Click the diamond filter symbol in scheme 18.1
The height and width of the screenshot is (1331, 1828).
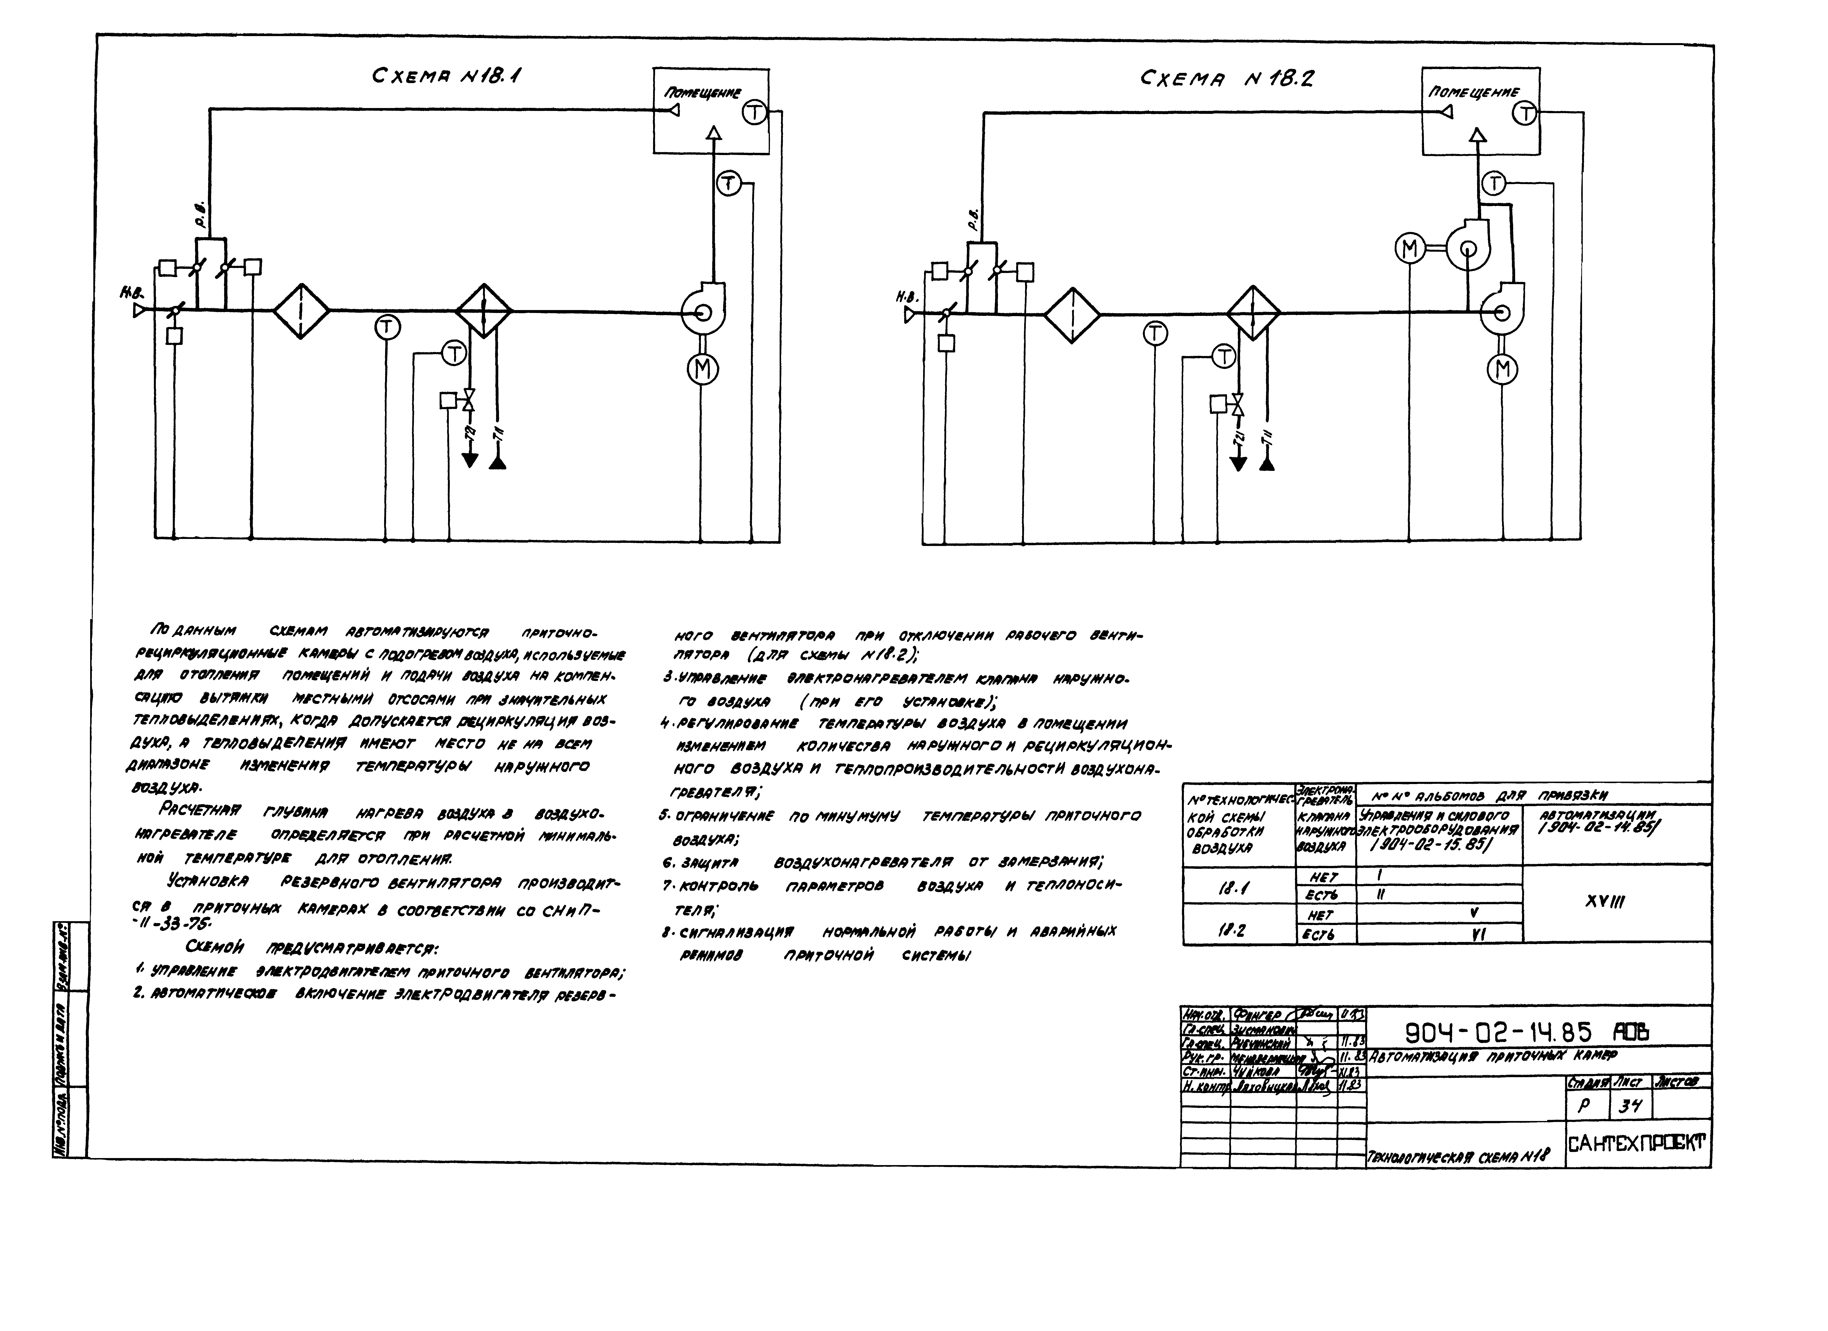coord(301,311)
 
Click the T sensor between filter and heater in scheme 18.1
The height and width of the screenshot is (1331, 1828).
coord(388,327)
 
